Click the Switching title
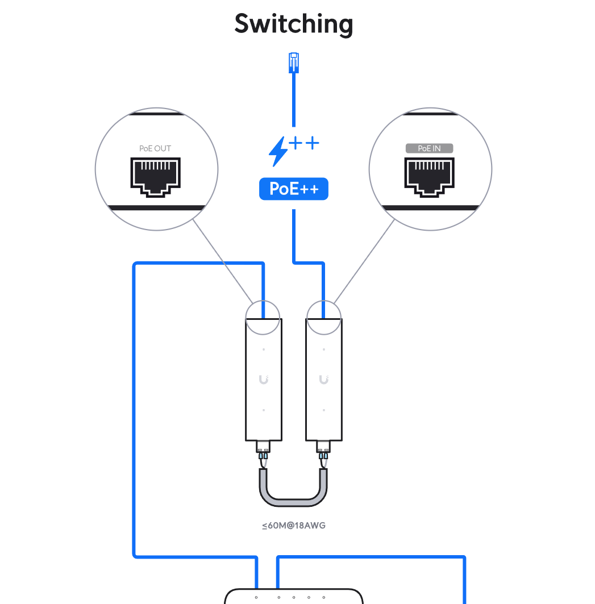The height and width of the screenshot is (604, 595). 294,24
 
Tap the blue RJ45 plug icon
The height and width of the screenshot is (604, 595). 293,62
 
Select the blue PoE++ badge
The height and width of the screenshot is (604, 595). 293,189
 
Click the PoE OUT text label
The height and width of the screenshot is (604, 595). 155,149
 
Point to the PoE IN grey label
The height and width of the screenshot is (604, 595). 429,148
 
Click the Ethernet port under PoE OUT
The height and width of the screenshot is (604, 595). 156,177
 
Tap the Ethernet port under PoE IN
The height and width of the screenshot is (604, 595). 430,177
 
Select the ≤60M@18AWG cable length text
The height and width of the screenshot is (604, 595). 294,526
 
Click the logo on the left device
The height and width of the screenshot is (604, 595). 264,380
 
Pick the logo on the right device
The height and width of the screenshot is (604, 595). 324,380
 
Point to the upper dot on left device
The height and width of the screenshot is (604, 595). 264,349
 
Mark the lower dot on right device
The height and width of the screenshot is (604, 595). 324,410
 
